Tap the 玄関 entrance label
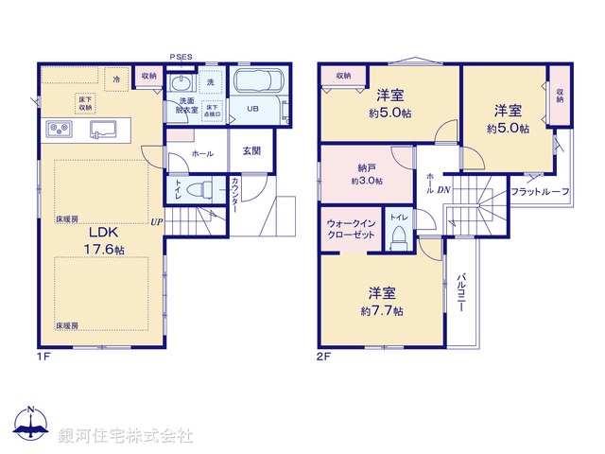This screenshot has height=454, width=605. (251, 149)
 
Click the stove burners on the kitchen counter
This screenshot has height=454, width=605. (56, 130)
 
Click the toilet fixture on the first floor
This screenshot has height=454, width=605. (195, 189)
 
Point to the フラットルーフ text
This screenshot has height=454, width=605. (539, 192)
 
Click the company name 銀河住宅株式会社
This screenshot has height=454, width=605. (126, 436)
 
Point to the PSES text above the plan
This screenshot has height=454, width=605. (181, 57)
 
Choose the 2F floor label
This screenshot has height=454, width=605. (322, 357)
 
